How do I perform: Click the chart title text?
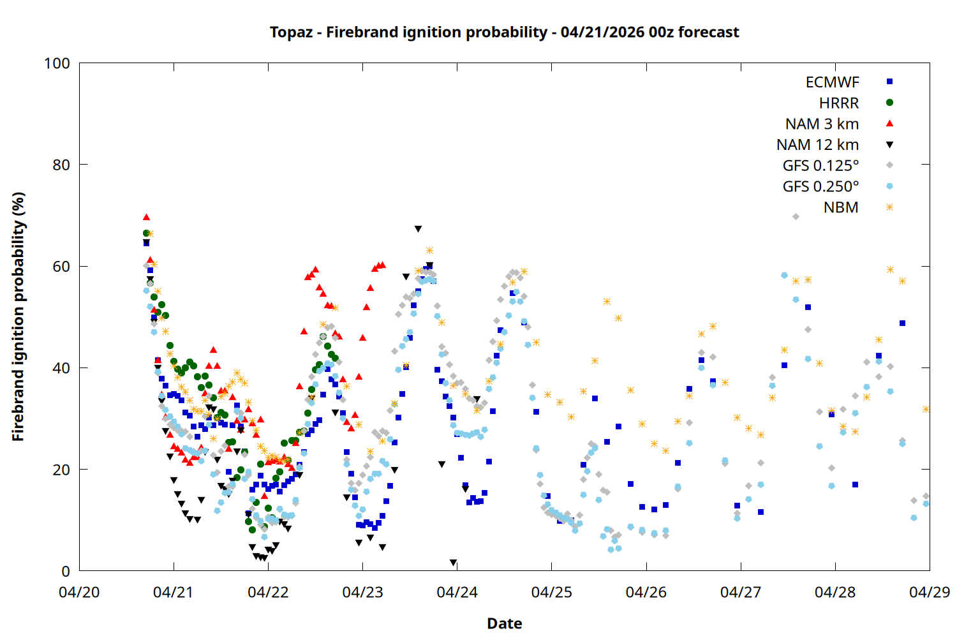[504, 32]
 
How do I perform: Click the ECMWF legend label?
[832, 82]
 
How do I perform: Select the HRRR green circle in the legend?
[889, 103]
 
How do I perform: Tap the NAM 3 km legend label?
[822, 124]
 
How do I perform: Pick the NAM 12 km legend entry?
[817, 145]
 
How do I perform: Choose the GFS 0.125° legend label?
[820, 166]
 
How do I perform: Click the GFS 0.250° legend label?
[820, 187]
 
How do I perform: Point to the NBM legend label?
[841, 207]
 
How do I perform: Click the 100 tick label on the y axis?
[57, 63]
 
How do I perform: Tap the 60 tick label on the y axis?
[61, 266]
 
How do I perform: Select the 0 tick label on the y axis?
[66, 571]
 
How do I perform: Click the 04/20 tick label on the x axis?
[79, 592]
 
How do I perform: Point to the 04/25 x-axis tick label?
[551, 592]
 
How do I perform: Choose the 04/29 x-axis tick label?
[929, 592]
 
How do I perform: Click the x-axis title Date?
[504, 623]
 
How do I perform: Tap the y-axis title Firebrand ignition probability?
[18, 316]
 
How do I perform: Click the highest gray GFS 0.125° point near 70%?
[796, 217]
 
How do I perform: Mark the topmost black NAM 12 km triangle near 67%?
[418, 228]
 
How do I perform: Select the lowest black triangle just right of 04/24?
[453, 563]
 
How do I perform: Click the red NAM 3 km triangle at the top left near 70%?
[146, 218]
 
